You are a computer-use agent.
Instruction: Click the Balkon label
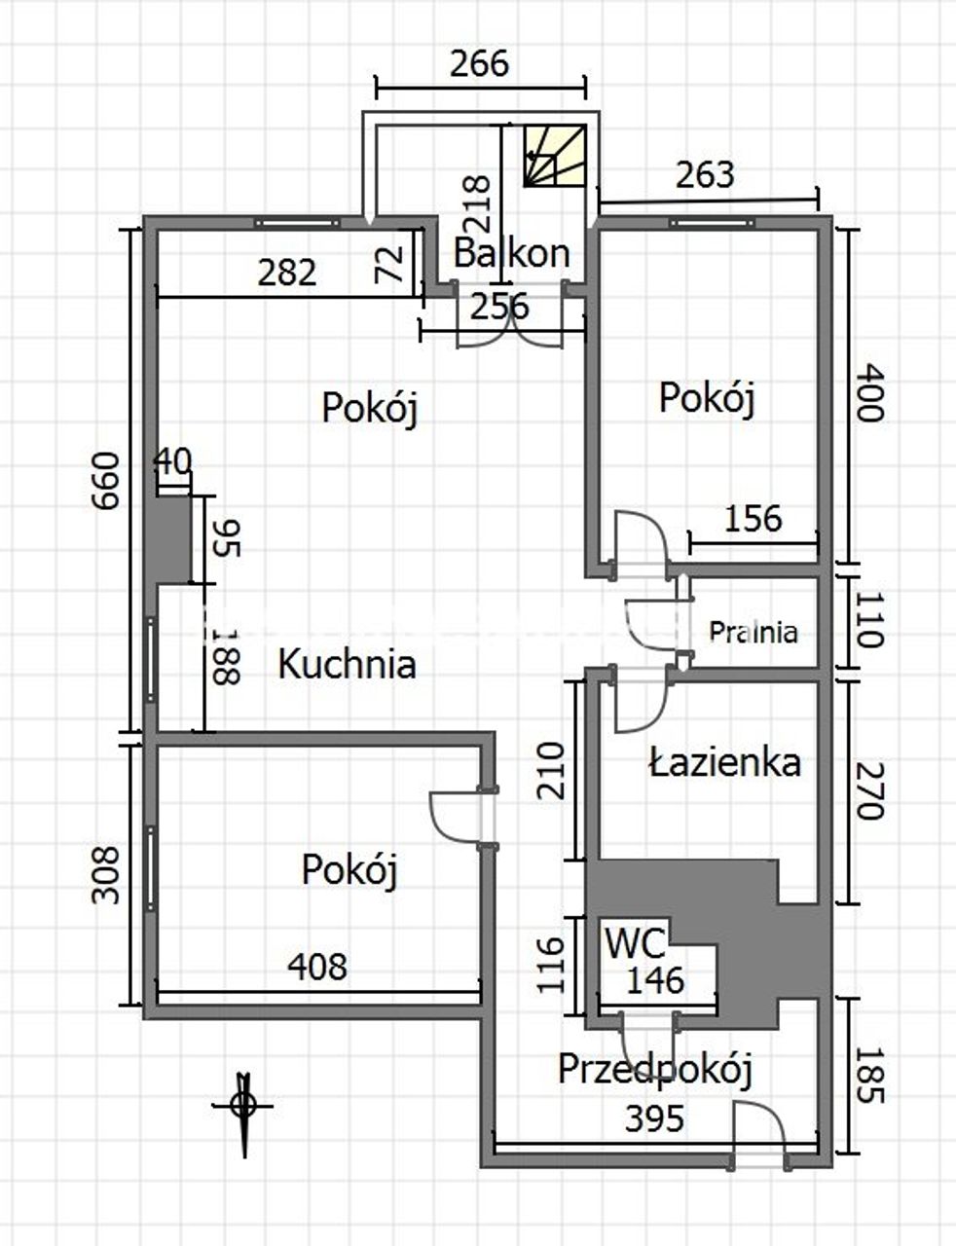511,253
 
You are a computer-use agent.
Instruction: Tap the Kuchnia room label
347,665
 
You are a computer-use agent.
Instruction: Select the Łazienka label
725,762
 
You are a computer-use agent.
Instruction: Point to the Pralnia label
753,632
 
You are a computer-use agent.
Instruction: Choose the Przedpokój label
655,1069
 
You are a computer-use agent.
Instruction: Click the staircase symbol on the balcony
555,156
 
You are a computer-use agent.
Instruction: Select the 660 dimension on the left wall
107,481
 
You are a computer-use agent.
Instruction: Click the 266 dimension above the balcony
479,63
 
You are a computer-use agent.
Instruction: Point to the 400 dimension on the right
871,392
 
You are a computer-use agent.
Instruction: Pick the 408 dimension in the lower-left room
317,966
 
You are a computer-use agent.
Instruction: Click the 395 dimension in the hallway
654,1118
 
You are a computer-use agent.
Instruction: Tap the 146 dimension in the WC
654,980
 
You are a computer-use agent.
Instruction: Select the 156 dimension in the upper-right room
753,518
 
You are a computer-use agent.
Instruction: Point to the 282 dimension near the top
287,273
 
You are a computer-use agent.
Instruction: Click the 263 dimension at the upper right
705,175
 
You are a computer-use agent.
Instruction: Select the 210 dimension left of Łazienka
551,770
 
